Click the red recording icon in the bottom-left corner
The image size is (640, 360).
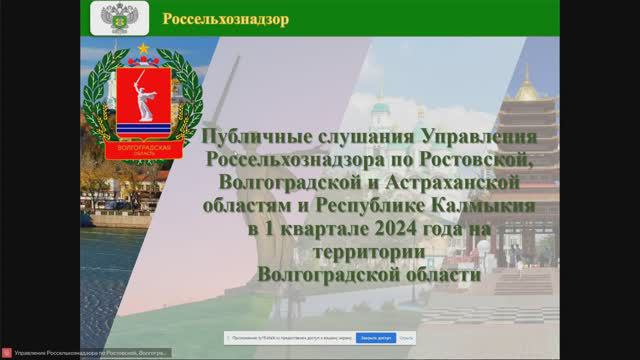point(8,354)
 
